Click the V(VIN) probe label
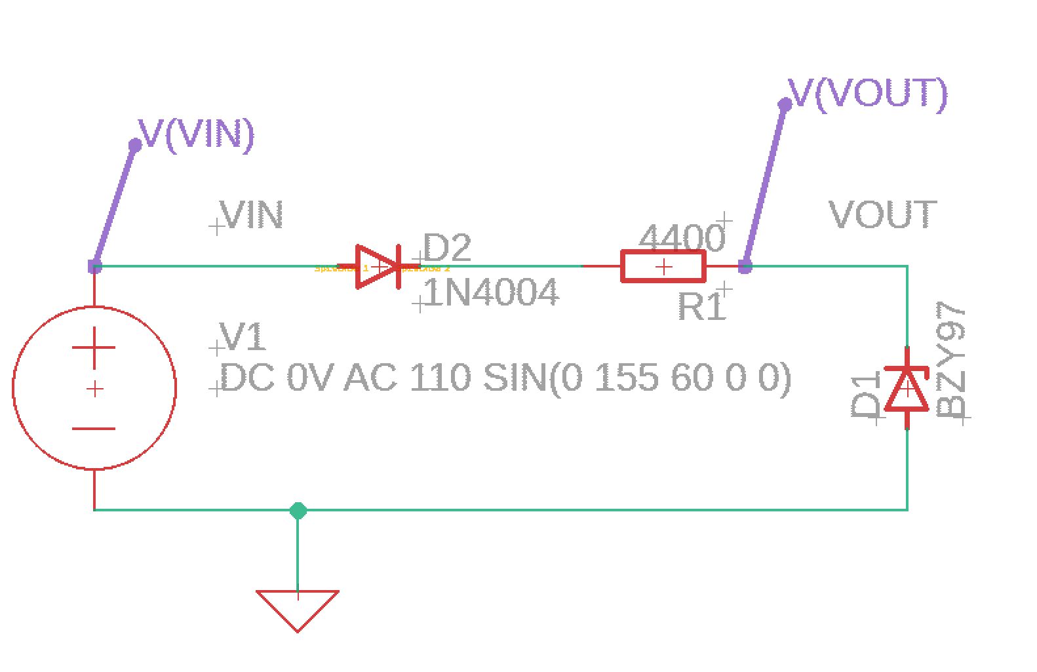pyautogui.click(x=197, y=134)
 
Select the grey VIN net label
pyautogui.click(x=252, y=215)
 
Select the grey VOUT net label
pyautogui.click(x=882, y=215)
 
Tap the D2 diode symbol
pyautogui.click(x=378, y=267)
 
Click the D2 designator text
pyautogui.click(x=447, y=248)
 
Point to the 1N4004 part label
pyautogui.click(x=492, y=292)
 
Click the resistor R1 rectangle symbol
pyautogui.click(x=663, y=267)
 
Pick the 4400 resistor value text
pyautogui.click(x=682, y=237)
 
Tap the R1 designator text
pyautogui.click(x=701, y=306)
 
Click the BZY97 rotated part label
pyautogui.click(x=952, y=361)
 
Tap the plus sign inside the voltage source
pyautogui.click(x=94, y=347)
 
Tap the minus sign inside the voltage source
pyautogui.click(x=94, y=429)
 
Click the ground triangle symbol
pyautogui.click(x=298, y=607)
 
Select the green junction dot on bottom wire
pyautogui.click(x=298, y=510)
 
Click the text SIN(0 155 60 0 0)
pyautogui.click(x=637, y=378)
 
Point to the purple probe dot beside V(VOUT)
pyautogui.click(x=785, y=104)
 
